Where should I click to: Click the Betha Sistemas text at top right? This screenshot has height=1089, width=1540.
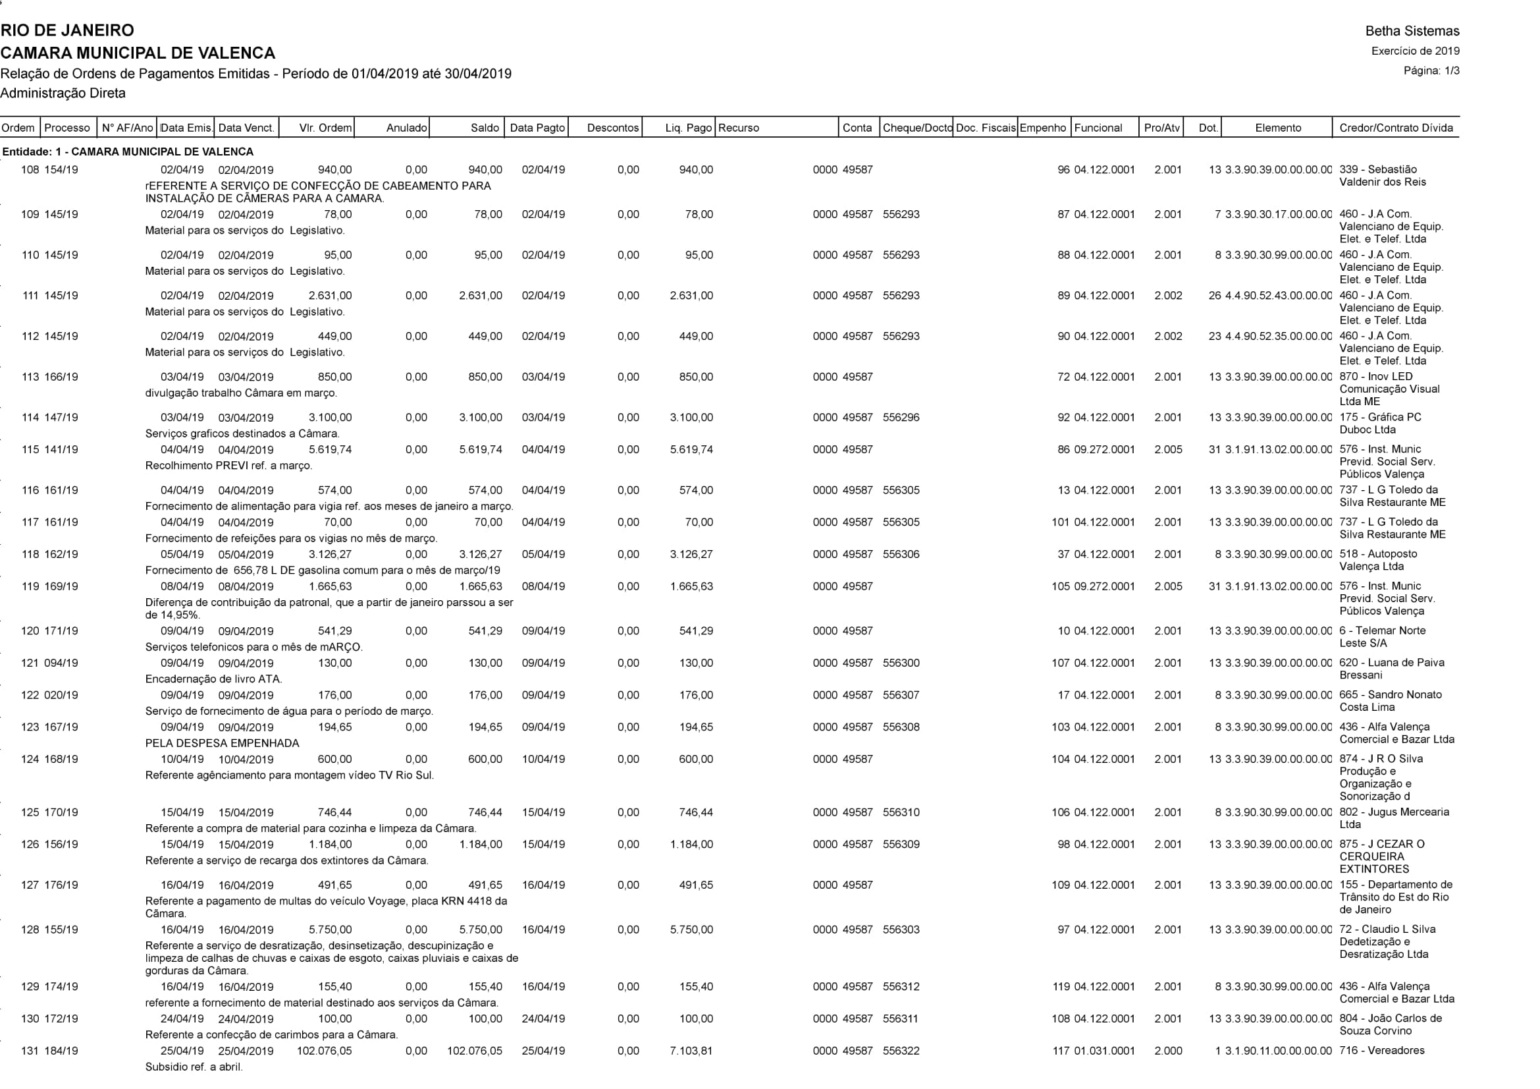click(x=1412, y=31)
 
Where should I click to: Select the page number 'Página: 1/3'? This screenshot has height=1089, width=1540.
click(x=1431, y=70)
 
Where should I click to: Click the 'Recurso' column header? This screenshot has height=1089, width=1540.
click(x=739, y=128)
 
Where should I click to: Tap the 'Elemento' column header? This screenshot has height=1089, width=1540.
click(x=1278, y=128)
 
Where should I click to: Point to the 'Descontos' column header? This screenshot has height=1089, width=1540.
click(x=612, y=128)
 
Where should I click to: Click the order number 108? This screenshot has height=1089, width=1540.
click(x=30, y=170)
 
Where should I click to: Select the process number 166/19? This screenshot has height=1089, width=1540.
click(x=61, y=377)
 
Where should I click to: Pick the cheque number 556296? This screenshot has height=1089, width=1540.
click(x=901, y=417)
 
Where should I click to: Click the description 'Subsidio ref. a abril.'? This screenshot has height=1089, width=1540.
click(x=194, y=1067)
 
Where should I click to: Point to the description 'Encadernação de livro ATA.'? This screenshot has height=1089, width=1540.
click(x=213, y=679)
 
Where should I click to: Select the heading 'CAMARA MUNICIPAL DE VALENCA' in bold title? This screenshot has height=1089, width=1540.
click(x=138, y=53)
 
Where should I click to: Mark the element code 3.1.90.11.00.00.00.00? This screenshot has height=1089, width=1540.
click(x=1278, y=1051)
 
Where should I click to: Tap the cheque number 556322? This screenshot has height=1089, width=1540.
click(x=901, y=1051)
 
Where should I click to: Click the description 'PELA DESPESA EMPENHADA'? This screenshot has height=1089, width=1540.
click(x=222, y=743)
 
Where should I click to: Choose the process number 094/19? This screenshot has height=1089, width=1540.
click(x=61, y=663)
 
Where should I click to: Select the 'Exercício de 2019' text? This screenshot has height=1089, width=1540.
click(x=1416, y=51)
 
